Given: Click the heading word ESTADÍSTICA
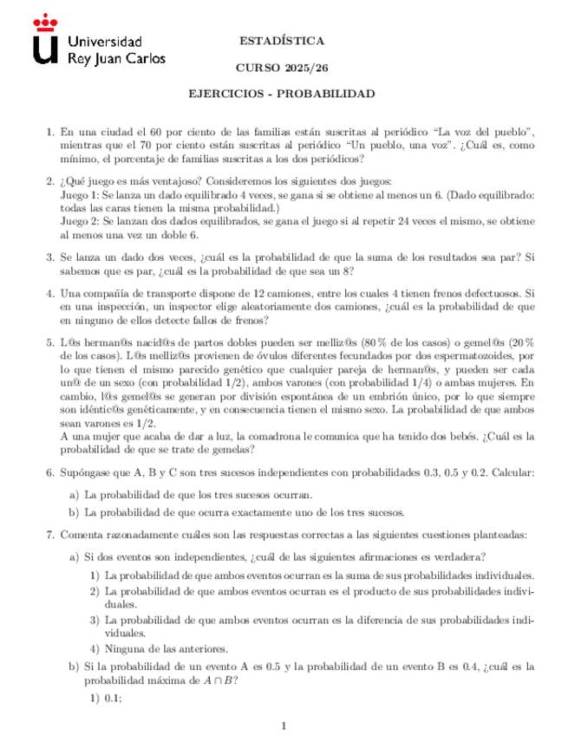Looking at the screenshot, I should (x=282, y=41).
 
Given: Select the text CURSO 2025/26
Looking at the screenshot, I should (x=281, y=67).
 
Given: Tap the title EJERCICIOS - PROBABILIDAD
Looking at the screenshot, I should (x=282, y=93).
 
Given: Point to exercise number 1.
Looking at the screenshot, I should (x=49, y=132).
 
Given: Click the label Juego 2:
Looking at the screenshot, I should (x=82, y=222).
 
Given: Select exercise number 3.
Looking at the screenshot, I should (x=49, y=257).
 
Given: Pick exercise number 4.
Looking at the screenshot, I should (x=49, y=294).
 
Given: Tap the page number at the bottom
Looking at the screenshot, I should (x=284, y=725).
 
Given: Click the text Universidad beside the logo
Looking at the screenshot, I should (x=105, y=42).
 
